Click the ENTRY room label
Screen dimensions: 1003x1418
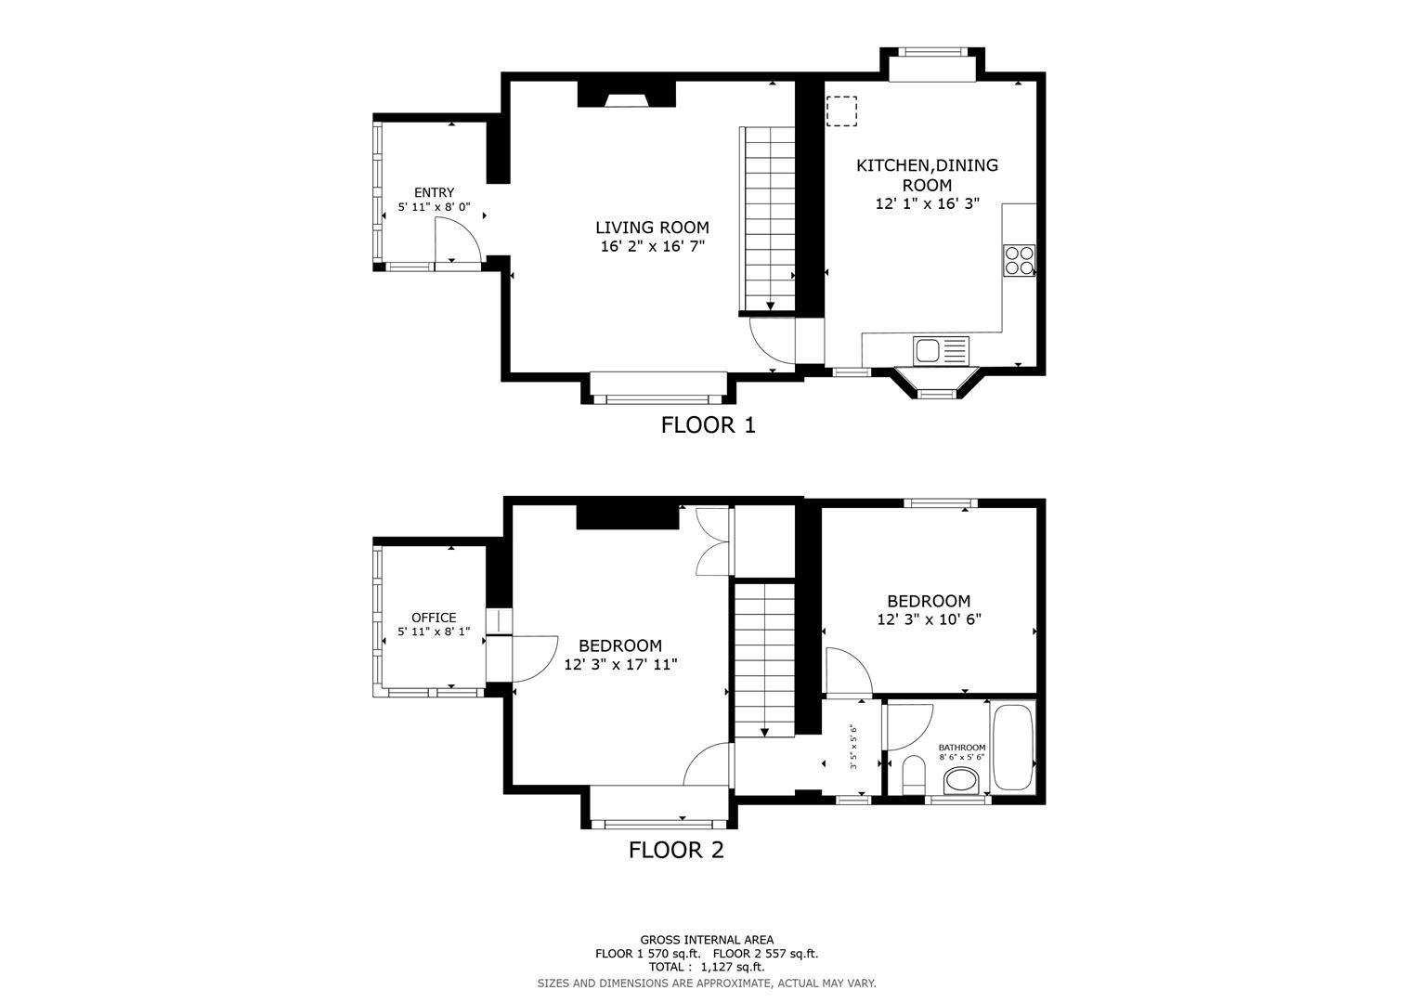tap(434, 192)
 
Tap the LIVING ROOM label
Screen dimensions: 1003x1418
tap(652, 228)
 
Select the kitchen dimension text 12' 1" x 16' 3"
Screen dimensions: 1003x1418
tap(927, 203)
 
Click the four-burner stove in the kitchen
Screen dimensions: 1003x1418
tap(1019, 260)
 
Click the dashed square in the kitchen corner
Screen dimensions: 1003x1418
tap(841, 111)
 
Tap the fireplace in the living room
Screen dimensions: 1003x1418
tap(626, 96)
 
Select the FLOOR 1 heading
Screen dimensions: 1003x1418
tap(708, 425)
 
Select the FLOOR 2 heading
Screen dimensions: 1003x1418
tap(676, 850)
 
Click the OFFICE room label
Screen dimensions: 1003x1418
tap(434, 618)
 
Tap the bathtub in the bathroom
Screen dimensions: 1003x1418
tap(1012, 749)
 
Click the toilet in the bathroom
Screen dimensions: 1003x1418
tap(913, 775)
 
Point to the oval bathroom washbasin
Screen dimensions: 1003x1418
tap(961, 778)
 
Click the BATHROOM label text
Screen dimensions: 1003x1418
tap(961, 747)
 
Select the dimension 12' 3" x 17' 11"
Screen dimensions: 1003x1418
tap(620, 665)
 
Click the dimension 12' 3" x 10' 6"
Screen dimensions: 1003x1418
tap(929, 619)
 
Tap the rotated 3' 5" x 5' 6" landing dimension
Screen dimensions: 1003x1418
tap(853, 748)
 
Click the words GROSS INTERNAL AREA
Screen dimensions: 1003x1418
tap(707, 940)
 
